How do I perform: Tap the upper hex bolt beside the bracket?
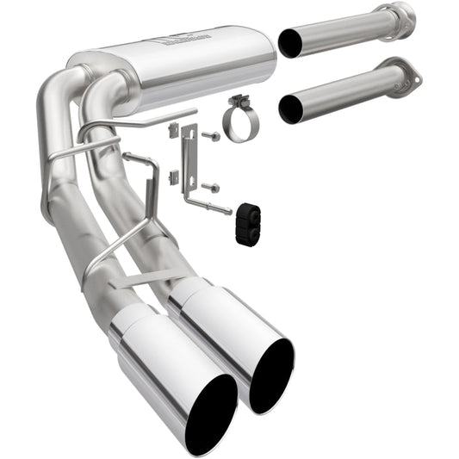[x=210, y=135]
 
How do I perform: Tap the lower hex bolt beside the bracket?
[x=210, y=187]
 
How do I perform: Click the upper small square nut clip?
[x=173, y=129]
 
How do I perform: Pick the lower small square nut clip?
[x=172, y=177]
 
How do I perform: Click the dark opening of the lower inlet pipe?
[x=291, y=109]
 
